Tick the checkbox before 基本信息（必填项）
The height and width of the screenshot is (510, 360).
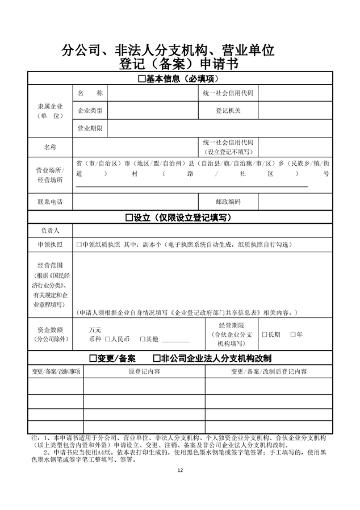(x=142, y=79)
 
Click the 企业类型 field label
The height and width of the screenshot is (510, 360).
(x=90, y=110)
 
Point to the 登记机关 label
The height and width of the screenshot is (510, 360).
(x=228, y=110)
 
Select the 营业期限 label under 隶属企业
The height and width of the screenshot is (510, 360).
(x=90, y=128)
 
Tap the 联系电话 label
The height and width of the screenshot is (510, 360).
(x=50, y=202)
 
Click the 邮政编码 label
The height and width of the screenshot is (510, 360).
(x=228, y=202)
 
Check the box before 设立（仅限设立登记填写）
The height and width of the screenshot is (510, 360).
(x=129, y=218)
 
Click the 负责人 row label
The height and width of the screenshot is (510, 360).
(x=50, y=231)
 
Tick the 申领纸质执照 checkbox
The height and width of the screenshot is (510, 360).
(x=79, y=245)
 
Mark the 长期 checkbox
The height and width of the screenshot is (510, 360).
(x=265, y=335)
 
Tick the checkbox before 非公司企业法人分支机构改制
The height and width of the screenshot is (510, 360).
(x=157, y=358)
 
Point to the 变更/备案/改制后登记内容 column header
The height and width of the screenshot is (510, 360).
(x=269, y=371)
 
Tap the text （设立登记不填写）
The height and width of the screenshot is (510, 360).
(x=228, y=152)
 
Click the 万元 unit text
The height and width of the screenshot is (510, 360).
(x=95, y=329)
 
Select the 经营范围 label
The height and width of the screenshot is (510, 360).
(x=50, y=265)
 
